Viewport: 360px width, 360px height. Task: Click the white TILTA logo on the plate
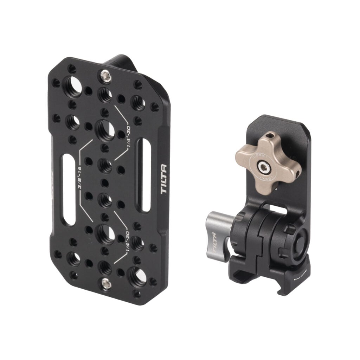click(x=164, y=180)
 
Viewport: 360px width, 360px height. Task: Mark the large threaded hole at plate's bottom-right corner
click(x=137, y=275)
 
